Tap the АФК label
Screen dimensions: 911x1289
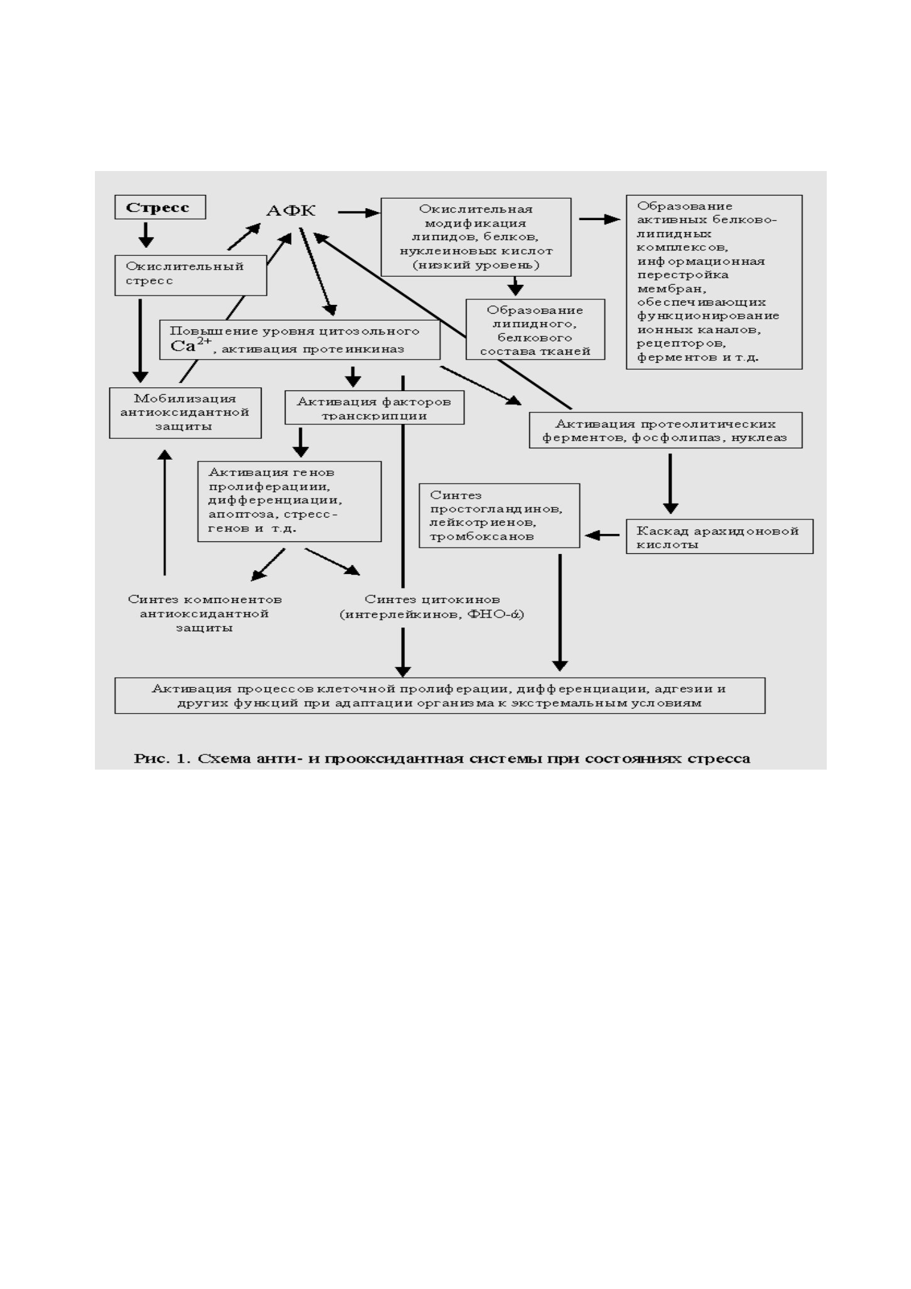[x=290, y=211]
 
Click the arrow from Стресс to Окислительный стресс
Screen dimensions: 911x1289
[x=146, y=234]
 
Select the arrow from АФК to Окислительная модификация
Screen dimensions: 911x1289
[x=359, y=213]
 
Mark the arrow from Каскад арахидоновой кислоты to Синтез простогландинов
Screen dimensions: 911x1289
[x=602, y=536]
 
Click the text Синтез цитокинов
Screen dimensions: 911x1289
[x=432, y=599]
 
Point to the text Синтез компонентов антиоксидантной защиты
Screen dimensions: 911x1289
[x=205, y=614]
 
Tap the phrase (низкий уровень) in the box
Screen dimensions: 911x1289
[x=476, y=265]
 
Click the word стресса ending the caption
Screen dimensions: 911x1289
[x=719, y=759]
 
